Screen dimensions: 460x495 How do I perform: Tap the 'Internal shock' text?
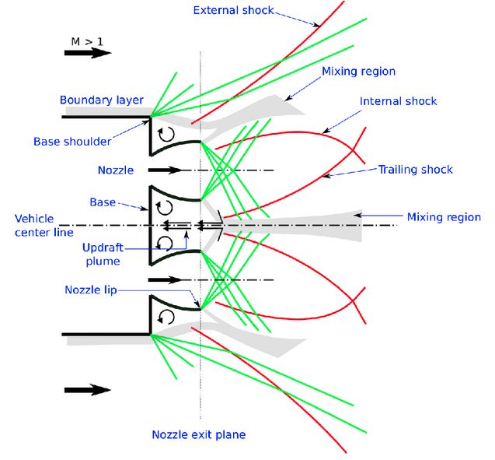[x=399, y=102]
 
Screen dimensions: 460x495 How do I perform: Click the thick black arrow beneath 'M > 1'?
[x=87, y=54]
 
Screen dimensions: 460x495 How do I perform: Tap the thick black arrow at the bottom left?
[x=87, y=390]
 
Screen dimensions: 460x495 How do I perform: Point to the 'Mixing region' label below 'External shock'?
[x=359, y=72]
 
